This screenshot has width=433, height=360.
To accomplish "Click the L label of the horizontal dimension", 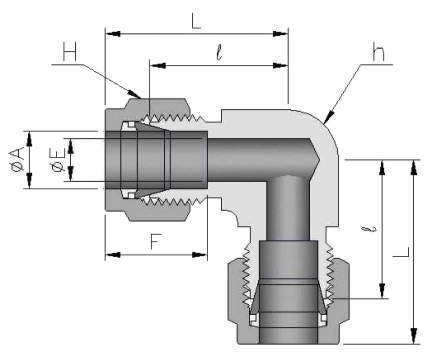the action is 196,22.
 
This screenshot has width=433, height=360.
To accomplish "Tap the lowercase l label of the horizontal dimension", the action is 219,53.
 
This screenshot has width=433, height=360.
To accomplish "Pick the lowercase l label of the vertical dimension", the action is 373,229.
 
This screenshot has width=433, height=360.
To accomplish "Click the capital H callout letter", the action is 70,52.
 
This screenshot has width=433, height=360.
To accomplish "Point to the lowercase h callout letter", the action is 378,52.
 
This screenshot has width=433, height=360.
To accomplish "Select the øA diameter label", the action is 17,160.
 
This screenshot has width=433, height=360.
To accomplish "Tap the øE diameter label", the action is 58,160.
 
